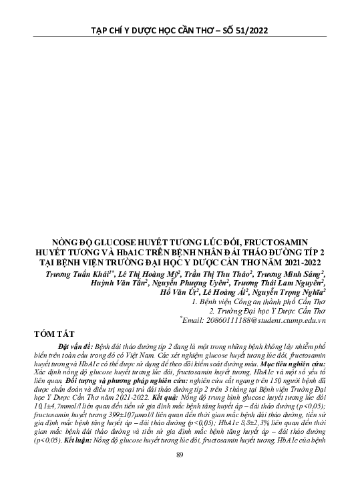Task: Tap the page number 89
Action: pyautogui.click(x=180, y=474)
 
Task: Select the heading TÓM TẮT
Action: pyautogui.click(x=58, y=333)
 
